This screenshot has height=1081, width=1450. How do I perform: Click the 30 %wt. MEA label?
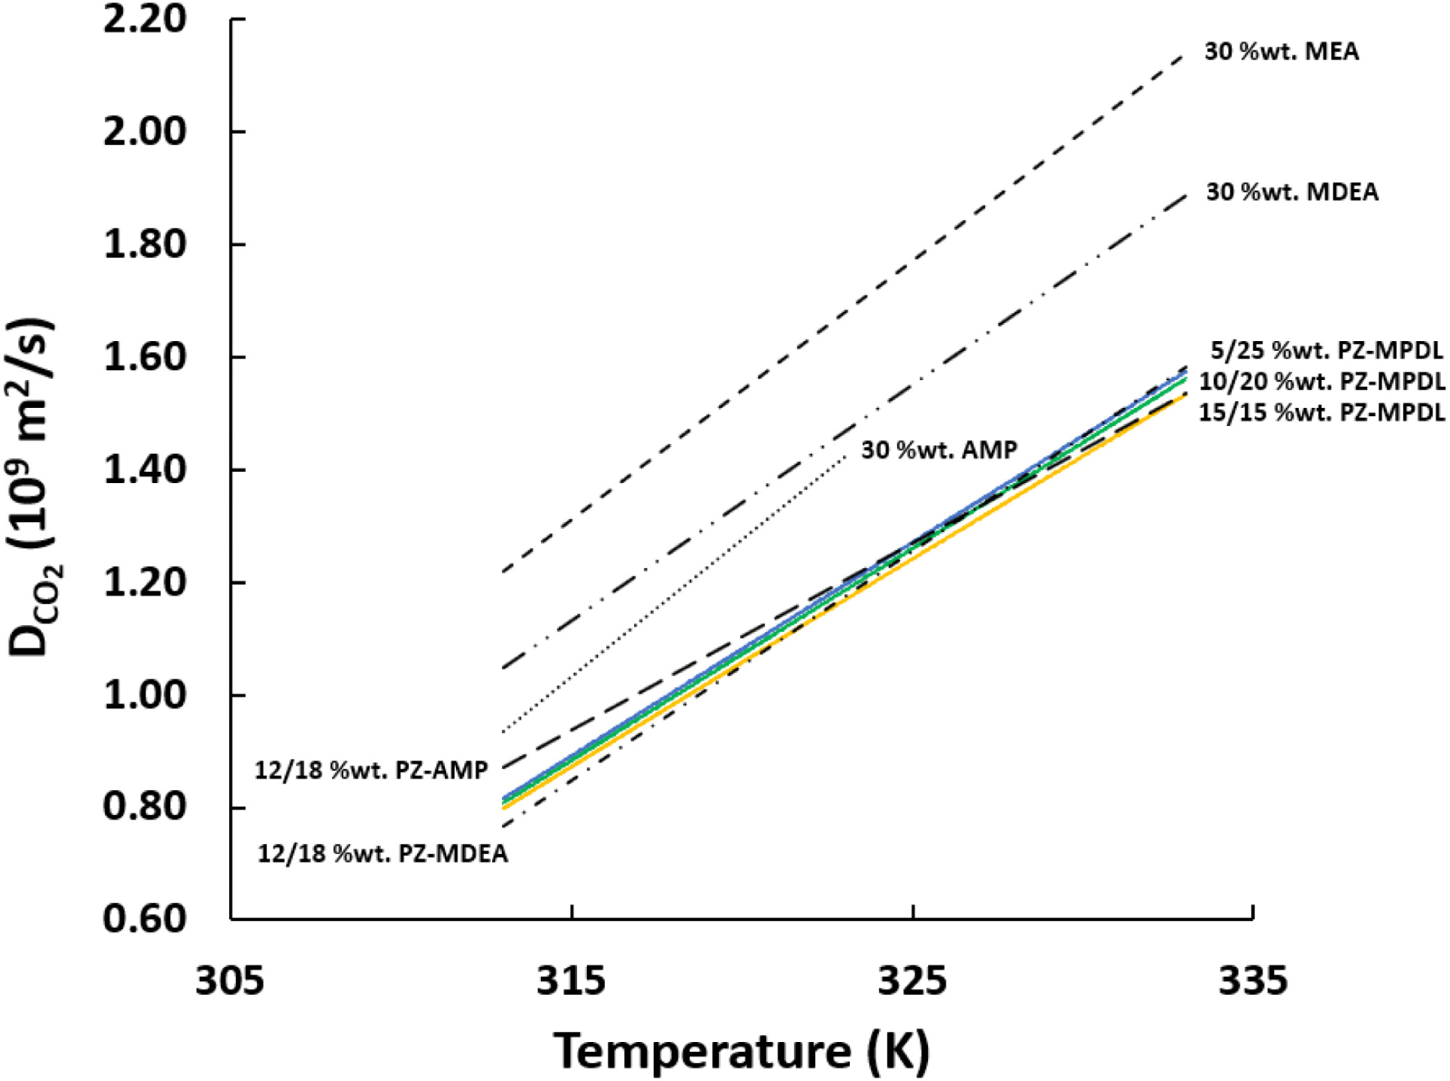click(x=1281, y=52)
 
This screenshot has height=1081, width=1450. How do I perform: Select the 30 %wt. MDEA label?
click(x=1291, y=192)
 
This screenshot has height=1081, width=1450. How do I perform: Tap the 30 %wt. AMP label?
click(x=939, y=450)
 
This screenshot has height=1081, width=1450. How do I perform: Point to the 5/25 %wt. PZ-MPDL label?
click(x=1326, y=350)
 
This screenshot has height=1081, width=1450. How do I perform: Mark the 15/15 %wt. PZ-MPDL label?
click(x=1321, y=413)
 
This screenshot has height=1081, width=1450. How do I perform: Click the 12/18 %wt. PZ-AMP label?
click(x=371, y=771)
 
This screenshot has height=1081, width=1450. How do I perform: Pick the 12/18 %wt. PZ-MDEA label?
click(x=382, y=853)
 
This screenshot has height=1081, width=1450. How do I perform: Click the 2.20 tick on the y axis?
click(x=145, y=19)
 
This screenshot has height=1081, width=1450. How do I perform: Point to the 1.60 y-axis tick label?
click(x=145, y=357)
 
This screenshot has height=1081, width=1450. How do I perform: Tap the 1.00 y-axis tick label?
click(x=145, y=695)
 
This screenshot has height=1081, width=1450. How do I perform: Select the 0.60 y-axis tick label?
click(x=145, y=919)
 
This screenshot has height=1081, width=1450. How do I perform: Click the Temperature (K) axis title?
click(x=741, y=1050)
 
